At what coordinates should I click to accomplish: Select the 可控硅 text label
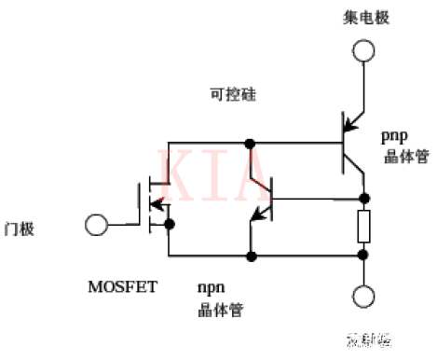(x=231, y=95)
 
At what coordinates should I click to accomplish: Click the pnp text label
(x=394, y=135)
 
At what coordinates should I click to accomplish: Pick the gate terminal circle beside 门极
(x=94, y=225)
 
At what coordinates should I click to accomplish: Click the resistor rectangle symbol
(x=363, y=225)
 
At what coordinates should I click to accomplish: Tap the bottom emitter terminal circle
(x=363, y=298)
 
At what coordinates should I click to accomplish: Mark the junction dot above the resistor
(x=363, y=199)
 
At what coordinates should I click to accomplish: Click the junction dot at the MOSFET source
(x=169, y=225)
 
